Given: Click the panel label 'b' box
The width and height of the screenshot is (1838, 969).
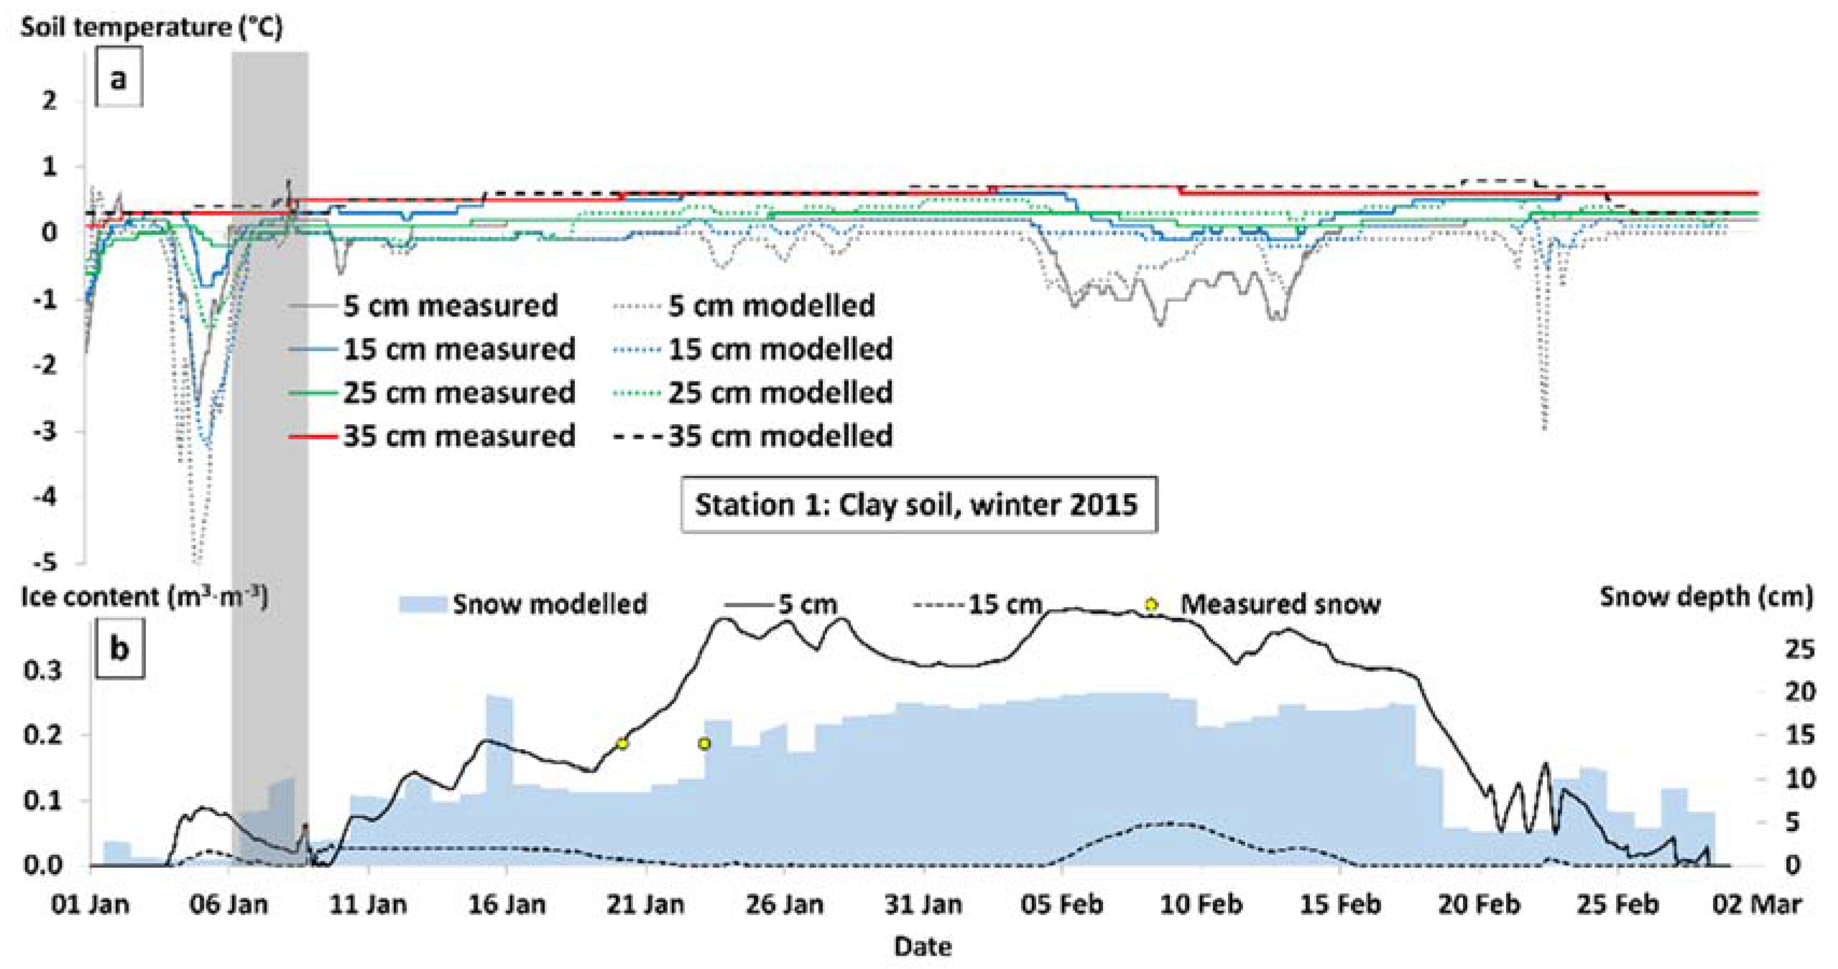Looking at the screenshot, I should pyautogui.click(x=120, y=648).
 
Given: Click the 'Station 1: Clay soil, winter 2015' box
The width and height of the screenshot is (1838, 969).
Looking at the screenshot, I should pyautogui.click(x=918, y=504).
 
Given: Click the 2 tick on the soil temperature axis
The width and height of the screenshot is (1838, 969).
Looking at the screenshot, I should pyautogui.click(x=48, y=101).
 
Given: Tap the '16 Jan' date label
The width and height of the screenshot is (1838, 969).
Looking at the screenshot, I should pyautogui.click(x=507, y=905).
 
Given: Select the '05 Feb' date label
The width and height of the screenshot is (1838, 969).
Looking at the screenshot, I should pyautogui.click(x=1062, y=905).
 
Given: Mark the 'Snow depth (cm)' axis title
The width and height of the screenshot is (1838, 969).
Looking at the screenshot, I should pyautogui.click(x=1705, y=597).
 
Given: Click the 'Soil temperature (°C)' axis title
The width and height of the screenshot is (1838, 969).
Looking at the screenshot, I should pyautogui.click(x=151, y=27).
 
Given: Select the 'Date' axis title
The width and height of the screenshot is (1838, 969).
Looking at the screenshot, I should pyautogui.click(x=923, y=947).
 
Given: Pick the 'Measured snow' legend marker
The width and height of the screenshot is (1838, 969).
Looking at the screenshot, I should pyautogui.click(x=1151, y=604).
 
